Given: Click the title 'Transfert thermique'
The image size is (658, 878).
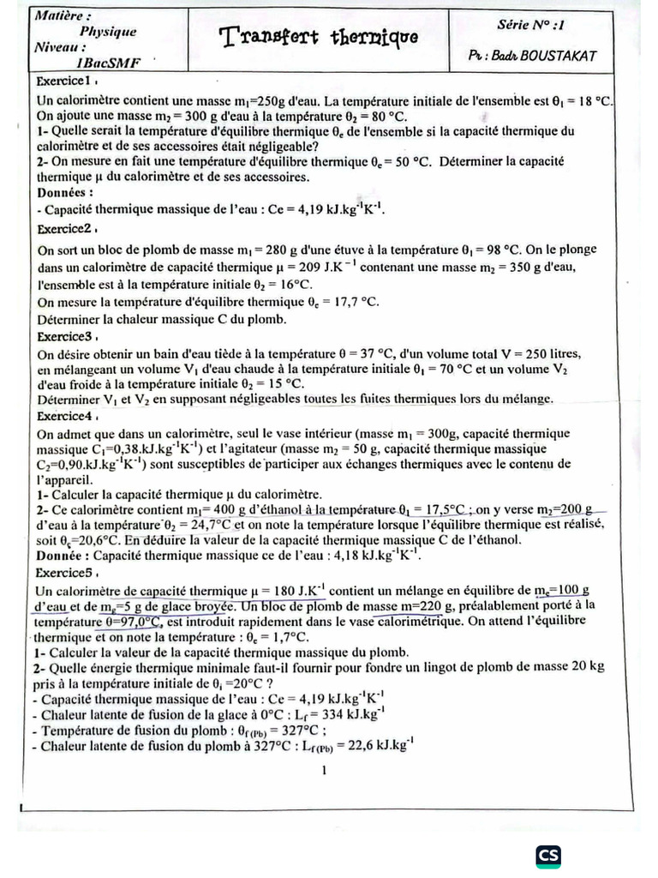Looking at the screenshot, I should [320, 37].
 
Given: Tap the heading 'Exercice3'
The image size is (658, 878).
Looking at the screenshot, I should [63, 336].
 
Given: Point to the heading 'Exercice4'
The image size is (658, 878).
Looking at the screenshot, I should [63, 415].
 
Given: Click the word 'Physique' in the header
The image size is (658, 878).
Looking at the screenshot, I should [108, 32].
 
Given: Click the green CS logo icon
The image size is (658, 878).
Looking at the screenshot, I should [548, 857].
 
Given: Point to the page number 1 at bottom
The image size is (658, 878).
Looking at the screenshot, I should [324, 771].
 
